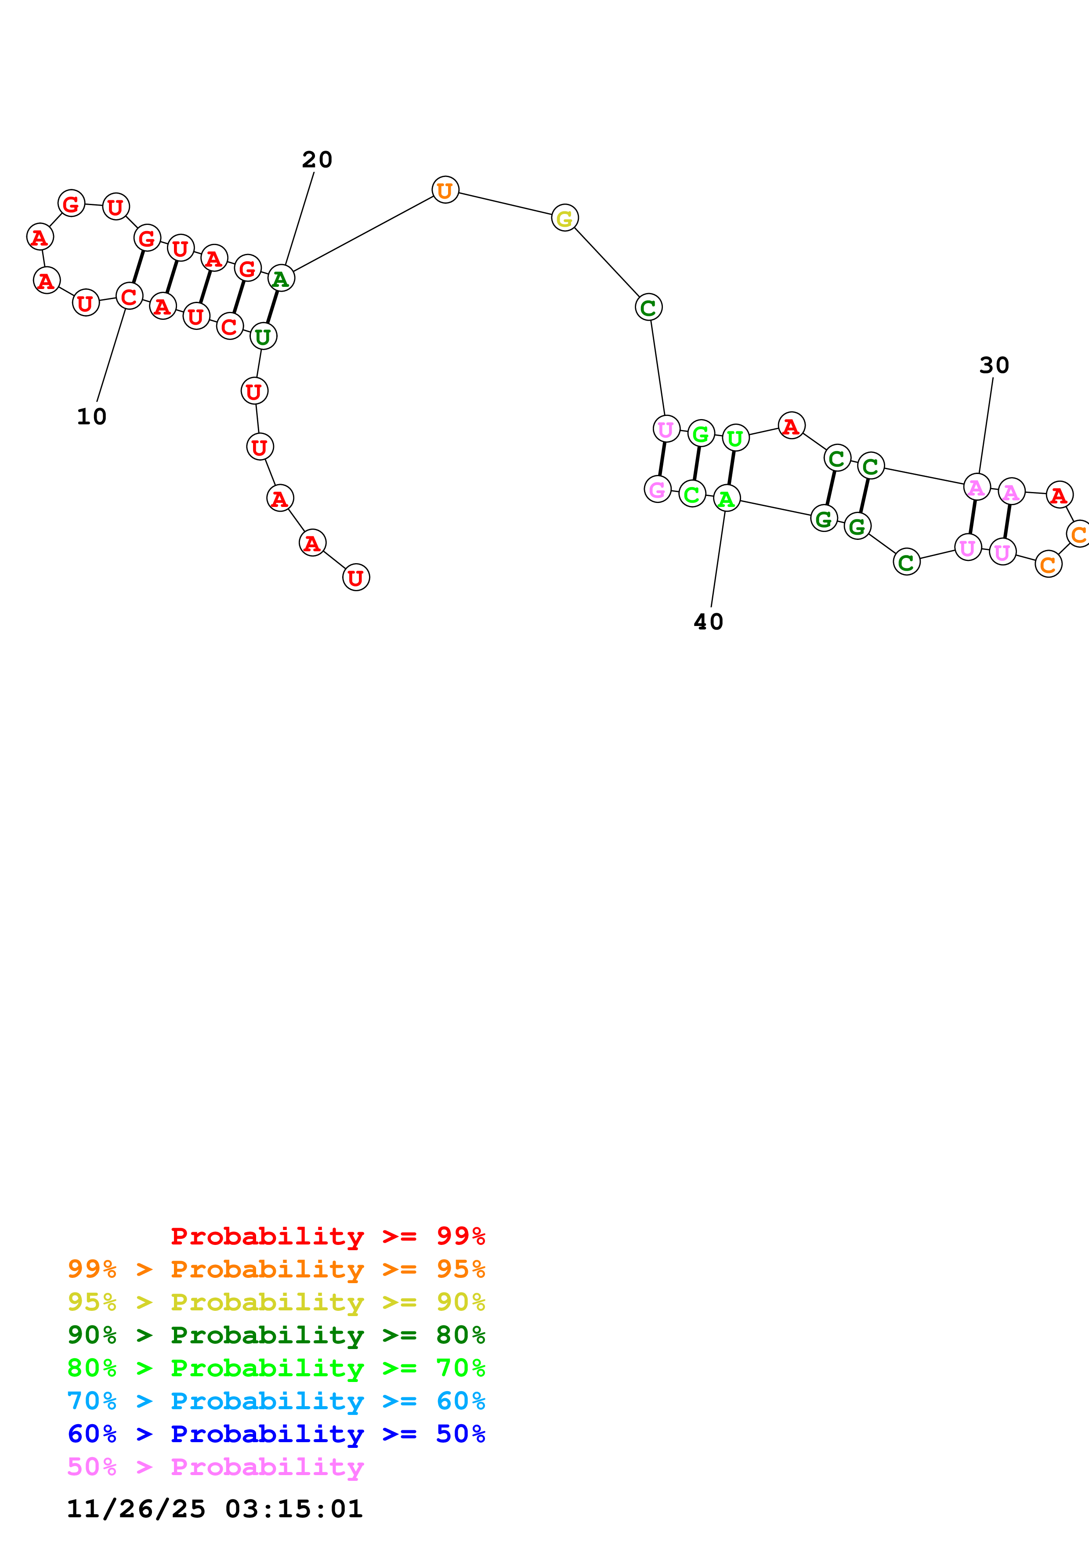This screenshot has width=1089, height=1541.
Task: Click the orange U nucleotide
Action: [x=445, y=191]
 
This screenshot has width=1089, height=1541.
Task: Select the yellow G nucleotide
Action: [x=564, y=218]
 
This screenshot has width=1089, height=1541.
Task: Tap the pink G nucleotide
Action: [x=658, y=489]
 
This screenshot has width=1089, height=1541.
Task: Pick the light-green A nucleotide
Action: [x=726, y=499]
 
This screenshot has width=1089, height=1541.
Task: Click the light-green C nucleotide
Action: [x=692, y=494]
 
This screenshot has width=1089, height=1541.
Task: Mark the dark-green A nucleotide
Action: [x=280, y=279]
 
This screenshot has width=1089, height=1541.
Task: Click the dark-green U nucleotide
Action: [x=263, y=336]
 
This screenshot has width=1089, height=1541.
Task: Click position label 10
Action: [x=92, y=417]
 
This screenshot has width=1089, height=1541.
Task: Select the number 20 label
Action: [x=317, y=160]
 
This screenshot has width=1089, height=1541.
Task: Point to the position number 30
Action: [x=994, y=365]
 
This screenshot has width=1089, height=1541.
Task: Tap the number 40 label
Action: [x=709, y=622]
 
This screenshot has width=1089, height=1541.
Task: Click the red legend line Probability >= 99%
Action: [x=327, y=1236]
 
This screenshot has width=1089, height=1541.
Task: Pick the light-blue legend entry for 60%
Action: [x=276, y=1401]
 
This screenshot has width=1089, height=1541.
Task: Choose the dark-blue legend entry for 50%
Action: [x=276, y=1434]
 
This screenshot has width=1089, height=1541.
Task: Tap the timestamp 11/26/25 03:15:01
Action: [x=215, y=1508]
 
